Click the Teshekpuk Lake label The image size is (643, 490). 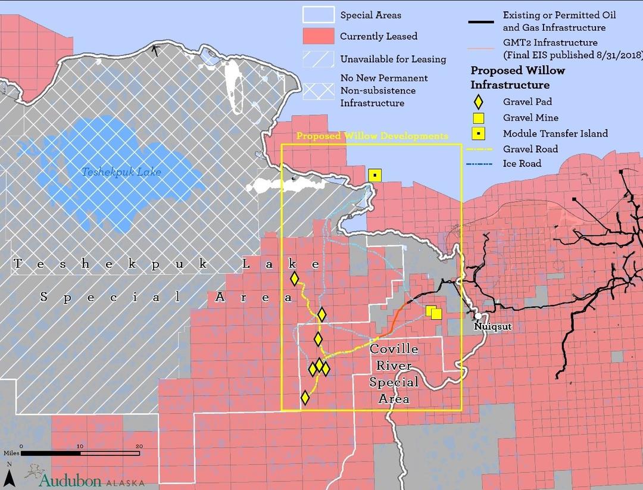pos(121,173)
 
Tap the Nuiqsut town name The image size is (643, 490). pos(493,327)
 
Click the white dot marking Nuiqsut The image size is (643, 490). pos(478,316)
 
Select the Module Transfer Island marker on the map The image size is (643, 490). pos(374,175)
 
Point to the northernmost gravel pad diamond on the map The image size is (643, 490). pos(294,279)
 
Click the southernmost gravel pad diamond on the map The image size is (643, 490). pos(305,398)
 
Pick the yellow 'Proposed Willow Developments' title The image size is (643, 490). pos(372,136)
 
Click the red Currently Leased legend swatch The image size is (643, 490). pos(318,36)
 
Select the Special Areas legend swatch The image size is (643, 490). pos(318,15)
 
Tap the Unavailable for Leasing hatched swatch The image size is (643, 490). pos(318,59)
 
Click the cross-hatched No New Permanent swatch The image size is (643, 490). pos(318,90)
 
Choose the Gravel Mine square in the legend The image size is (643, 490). pos(478,118)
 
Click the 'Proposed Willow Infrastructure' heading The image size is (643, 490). pos(517,77)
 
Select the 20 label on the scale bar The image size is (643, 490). pos(139,446)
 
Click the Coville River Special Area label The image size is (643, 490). pos(394,374)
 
